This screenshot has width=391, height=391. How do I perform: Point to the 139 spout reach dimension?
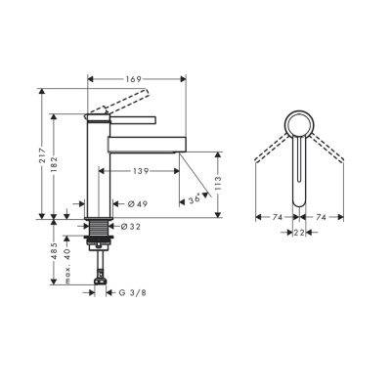point(142,170)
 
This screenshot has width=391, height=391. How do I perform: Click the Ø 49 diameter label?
point(137,203)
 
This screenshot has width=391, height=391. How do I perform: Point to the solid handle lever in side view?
point(122,118)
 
